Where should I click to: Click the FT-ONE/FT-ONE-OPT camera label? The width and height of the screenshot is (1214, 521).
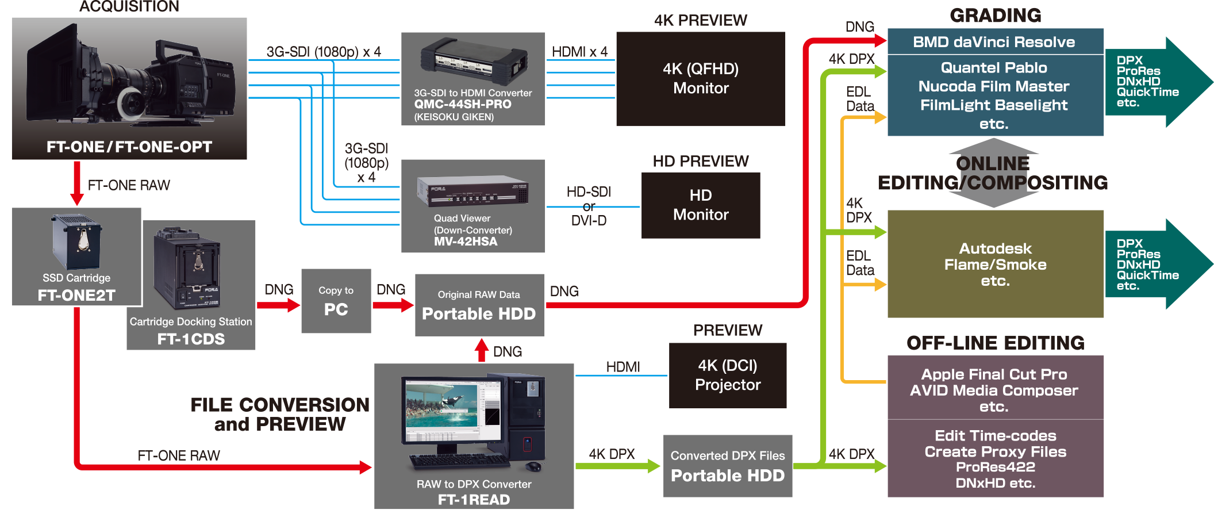pos(129,147)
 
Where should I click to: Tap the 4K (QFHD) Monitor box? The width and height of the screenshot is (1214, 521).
pos(700,79)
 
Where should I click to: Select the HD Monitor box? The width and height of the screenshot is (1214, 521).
pos(700,205)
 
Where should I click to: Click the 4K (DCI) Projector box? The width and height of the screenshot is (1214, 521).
pos(727,376)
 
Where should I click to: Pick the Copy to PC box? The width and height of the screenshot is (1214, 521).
pos(336,301)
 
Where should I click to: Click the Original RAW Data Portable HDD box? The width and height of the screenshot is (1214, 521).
pos(479,305)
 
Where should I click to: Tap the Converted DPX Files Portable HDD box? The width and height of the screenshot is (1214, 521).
pos(727,466)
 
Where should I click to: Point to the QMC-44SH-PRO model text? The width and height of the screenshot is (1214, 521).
pos(463,104)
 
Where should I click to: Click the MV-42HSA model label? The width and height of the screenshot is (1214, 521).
pos(466,242)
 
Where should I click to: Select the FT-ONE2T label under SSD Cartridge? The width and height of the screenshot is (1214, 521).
pos(76,296)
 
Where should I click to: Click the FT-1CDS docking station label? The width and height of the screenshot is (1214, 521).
pos(191,339)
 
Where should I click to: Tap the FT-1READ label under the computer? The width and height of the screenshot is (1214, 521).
pos(474,500)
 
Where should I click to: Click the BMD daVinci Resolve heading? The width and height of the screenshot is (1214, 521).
pos(994,42)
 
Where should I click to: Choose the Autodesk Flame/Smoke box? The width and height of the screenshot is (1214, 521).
pos(995,265)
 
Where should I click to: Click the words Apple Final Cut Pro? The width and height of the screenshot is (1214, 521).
pos(994,374)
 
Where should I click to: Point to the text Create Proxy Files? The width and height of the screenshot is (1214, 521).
pos(995,452)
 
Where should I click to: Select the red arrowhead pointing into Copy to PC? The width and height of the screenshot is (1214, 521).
pos(294,305)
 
